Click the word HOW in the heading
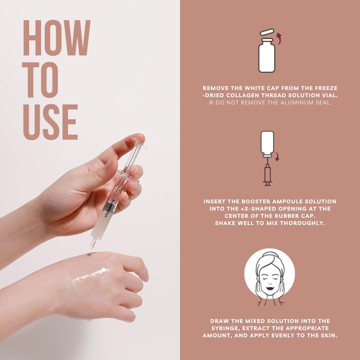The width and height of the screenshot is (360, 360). (57, 38)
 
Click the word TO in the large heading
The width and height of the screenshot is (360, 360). (40, 80)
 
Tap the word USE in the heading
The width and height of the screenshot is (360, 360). (50, 122)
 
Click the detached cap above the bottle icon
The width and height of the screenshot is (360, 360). (267, 32)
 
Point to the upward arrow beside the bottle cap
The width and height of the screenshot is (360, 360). (279, 38)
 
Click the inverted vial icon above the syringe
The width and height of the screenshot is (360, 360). (267, 144)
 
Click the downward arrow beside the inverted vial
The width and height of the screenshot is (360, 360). (277, 156)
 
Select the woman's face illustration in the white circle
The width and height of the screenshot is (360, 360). (270, 278)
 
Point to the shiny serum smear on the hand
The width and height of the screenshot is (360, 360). (91, 275)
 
